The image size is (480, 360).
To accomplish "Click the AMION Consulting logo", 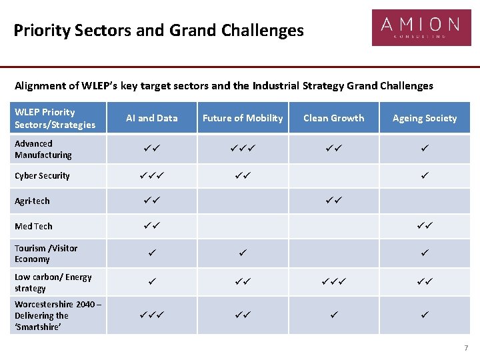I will coord(421,27).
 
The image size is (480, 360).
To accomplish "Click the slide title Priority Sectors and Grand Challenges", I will coord(158,31).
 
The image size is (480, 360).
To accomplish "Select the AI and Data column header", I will coord(152,118).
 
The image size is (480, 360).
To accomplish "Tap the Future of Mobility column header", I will coord(243,118).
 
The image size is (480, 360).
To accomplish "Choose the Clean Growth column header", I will coord(334,118).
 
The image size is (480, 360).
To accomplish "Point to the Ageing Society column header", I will coord(425,118).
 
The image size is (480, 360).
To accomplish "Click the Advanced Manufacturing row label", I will coord(43,149).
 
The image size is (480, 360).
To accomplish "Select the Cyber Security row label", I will coord(42,176).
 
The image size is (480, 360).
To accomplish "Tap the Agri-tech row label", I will coord(32,201).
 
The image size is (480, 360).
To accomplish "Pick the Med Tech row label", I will coord(33,227).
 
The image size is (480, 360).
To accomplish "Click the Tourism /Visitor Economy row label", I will coord(46,253).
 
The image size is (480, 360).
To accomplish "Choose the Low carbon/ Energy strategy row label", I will coord(53,283).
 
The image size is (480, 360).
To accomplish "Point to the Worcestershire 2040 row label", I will coord(57,315).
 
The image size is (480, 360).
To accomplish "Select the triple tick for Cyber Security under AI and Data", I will coord(152,175).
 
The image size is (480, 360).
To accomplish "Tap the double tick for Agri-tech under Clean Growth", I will coord(334,200).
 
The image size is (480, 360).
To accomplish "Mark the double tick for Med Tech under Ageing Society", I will coord(425,226).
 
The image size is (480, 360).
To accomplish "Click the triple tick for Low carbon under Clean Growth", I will coord(334,282).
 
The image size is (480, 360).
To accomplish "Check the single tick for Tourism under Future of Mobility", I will coord(243,253).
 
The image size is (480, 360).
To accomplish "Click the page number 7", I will coord(466,348).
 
